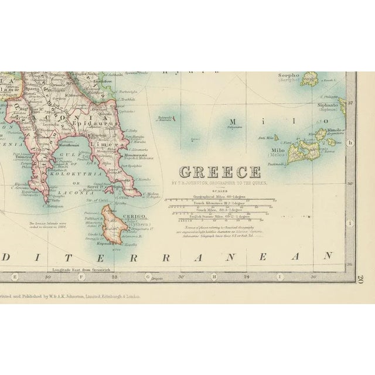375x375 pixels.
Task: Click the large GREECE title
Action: pos(220,172)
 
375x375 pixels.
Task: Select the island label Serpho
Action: pos(289,76)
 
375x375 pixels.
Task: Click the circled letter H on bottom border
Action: pos(214,276)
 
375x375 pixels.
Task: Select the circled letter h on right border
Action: pos(351,142)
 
